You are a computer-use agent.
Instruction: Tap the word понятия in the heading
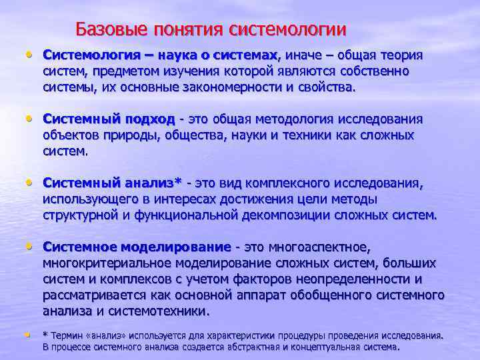tap(189, 29)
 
